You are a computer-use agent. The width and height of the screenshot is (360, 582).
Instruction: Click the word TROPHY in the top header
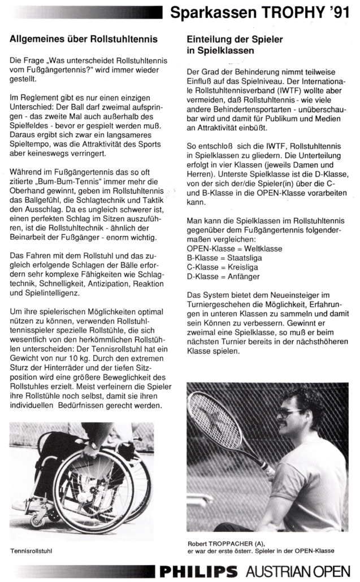click(290, 12)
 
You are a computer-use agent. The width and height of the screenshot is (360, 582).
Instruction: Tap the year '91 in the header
click(338, 12)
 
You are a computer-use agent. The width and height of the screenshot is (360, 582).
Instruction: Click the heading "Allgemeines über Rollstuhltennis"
click(84, 40)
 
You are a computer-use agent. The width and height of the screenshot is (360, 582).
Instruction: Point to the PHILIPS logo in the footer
click(199, 570)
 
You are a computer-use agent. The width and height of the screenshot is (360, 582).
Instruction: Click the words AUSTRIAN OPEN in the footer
click(298, 570)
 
